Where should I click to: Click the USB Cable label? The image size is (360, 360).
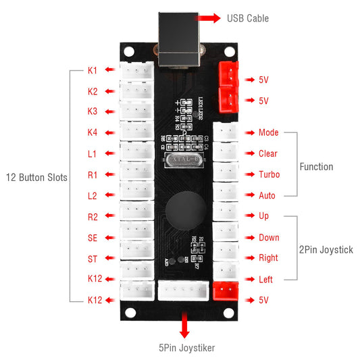tap(248, 18)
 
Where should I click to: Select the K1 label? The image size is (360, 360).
tap(93, 70)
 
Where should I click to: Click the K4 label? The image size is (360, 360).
tap(93, 132)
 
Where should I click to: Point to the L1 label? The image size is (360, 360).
tap(93, 153)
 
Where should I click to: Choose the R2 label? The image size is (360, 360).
tap(93, 217)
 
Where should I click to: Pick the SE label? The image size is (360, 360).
tap(93, 238)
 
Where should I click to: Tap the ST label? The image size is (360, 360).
tap(93, 259)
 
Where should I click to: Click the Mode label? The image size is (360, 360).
tap(268, 132)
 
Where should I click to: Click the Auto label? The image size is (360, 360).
tap(267, 195)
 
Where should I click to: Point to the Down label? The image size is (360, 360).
tap(269, 238)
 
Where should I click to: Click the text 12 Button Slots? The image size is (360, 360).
tap(36, 178)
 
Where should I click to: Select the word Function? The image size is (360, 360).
tap(316, 166)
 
